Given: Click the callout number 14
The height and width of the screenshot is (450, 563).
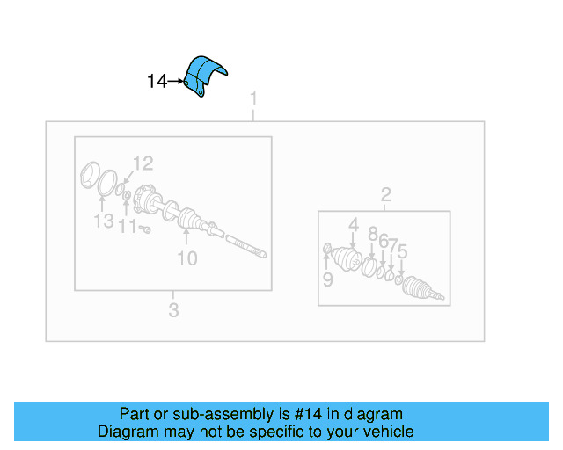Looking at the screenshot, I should (x=157, y=82).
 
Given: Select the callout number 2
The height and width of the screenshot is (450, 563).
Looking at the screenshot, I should (x=385, y=194).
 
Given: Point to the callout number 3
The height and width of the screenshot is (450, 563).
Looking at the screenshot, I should (x=173, y=309).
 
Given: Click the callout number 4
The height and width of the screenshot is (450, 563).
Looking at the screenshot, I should (x=353, y=225).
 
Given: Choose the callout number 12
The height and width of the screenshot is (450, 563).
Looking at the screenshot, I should (x=143, y=163).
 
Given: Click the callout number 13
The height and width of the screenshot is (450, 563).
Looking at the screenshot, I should (x=104, y=221).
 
